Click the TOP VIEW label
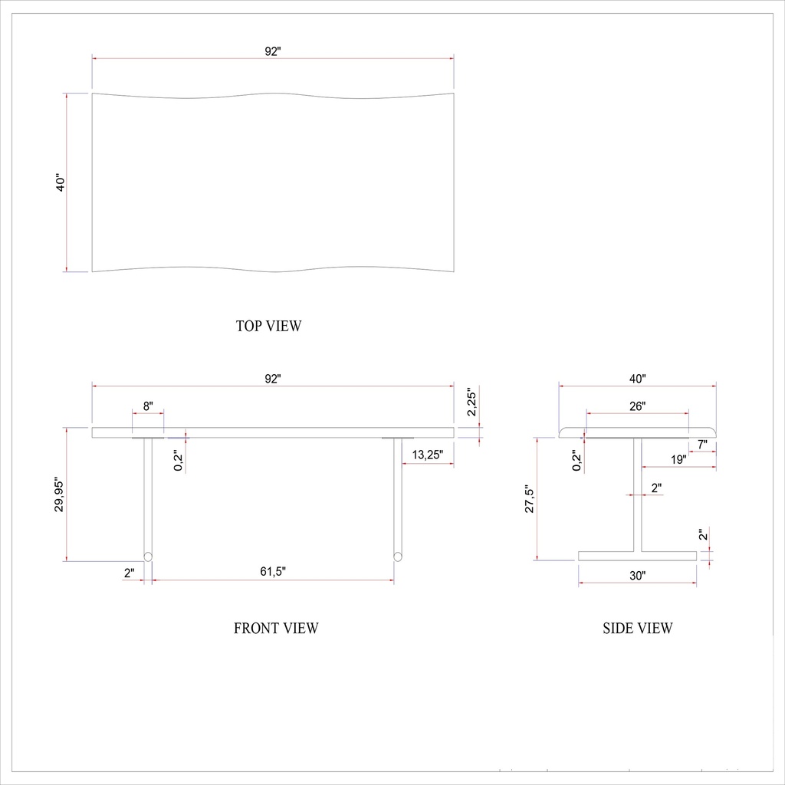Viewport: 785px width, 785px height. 268,326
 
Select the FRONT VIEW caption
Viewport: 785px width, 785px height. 276,629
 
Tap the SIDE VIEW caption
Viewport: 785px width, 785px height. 638,629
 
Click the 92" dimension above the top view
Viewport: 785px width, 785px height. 273,51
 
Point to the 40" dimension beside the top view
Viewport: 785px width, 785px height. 61,182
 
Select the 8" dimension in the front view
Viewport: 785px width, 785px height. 148,405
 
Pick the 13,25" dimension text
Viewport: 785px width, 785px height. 428,455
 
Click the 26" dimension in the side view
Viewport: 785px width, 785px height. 637,406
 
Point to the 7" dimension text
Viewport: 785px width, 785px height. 702,444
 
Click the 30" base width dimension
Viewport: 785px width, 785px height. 637,576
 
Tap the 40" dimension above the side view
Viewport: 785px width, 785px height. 637,379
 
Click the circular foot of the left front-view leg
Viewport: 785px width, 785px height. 148,557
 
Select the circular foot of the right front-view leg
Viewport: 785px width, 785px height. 398,557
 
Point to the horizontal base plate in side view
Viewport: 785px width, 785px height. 637,556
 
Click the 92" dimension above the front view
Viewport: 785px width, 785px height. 273,379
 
